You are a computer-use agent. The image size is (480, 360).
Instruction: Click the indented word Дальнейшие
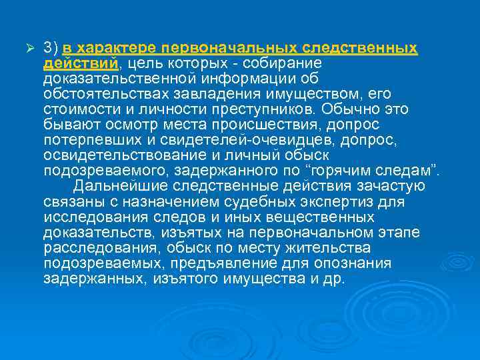119,186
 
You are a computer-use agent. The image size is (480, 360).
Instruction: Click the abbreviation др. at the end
334,278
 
